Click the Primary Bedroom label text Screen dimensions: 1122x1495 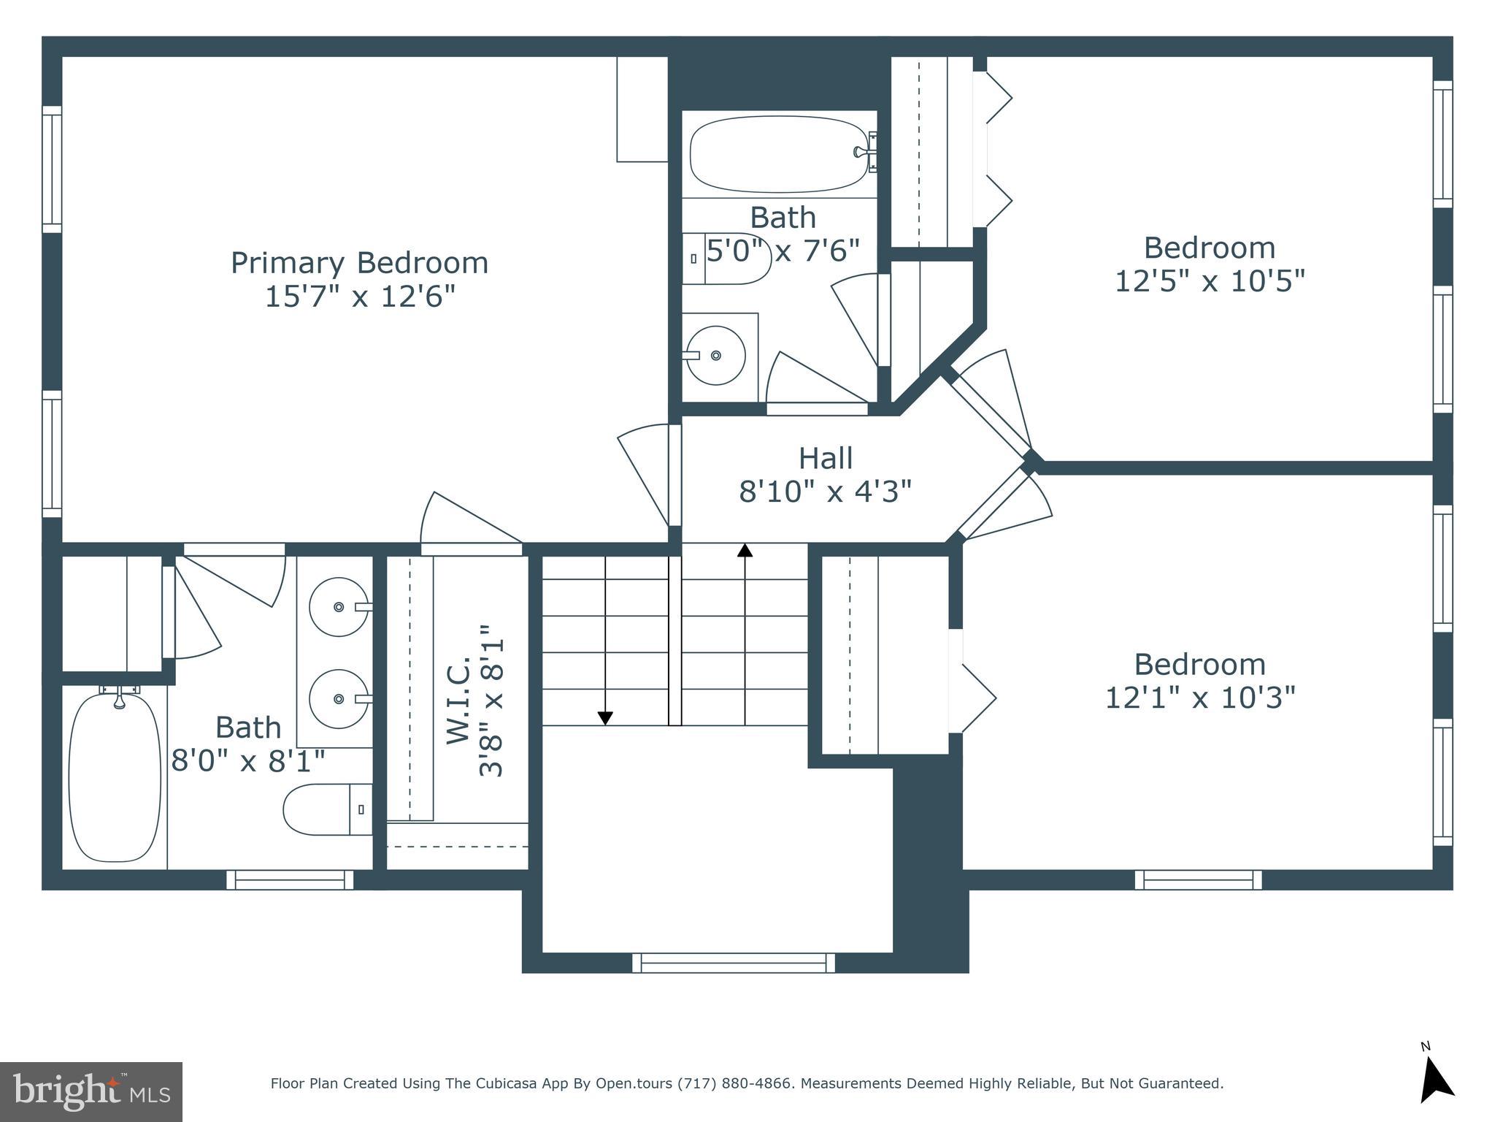pos(359,263)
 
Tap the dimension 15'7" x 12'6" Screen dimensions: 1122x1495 pos(359,297)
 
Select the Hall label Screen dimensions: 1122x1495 pos(825,459)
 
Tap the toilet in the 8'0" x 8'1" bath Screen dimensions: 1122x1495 pos(324,809)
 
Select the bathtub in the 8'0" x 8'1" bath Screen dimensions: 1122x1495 pos(115,777)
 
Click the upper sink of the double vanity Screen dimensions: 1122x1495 pos(339,607)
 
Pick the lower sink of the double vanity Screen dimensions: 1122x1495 pos(339,699)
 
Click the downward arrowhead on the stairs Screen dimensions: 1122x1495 pos(605,719)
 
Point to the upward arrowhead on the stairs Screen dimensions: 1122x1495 pos(745,550)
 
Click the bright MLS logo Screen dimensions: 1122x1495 pos(91,1091)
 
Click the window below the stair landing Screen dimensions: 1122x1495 pos(733,963)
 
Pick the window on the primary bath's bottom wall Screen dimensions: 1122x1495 pos(290,879)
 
